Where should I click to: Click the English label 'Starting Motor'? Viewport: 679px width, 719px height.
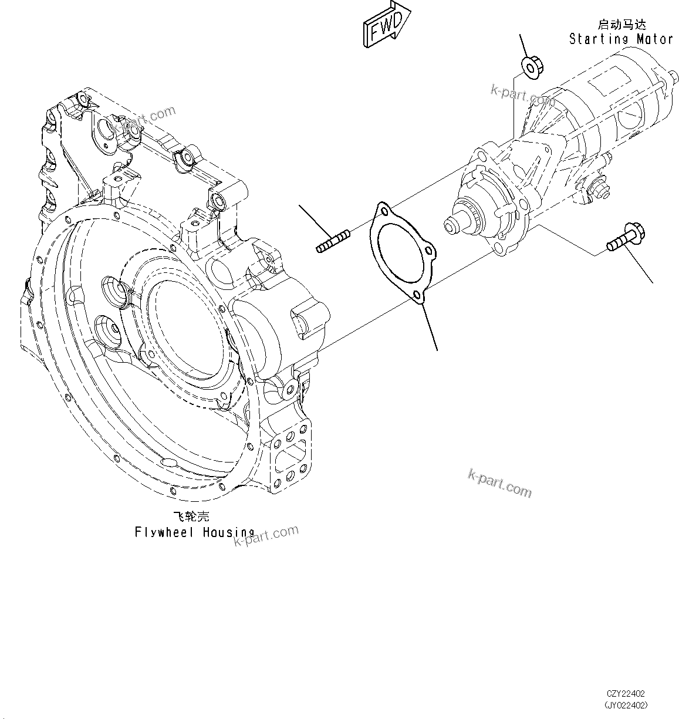click(x=620, y=39)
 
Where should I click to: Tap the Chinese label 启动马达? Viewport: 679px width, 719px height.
click(x=621, y=25)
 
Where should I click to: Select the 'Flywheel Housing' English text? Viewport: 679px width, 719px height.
click(x=194, y=532)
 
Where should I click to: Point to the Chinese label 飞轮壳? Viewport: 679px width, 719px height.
click(x=191, y=517)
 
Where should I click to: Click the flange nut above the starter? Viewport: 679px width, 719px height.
click(x=532, y=66)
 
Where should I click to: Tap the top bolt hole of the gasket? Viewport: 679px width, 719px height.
click(x=384, y=210)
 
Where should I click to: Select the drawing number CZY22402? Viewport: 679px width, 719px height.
click(x=627, y=694)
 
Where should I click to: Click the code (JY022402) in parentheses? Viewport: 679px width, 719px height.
click(x=627, y=705)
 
